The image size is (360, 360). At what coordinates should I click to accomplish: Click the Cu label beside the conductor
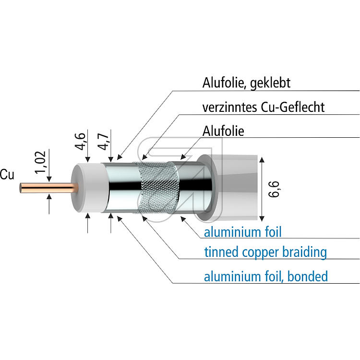(7, 175)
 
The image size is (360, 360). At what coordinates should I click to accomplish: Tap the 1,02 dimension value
(41, 162)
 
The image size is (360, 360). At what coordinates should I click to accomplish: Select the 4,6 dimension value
(80, 142)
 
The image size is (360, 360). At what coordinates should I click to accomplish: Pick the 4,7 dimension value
(103, 142)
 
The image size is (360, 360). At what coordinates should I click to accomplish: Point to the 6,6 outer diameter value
(274, 189)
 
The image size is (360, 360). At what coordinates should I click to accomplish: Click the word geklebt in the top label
(270, 83)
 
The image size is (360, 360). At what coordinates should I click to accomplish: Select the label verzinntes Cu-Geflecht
(264, 107)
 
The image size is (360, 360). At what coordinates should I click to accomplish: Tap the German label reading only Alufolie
(223, 131)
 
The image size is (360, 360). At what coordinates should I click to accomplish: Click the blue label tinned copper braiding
(265, 252)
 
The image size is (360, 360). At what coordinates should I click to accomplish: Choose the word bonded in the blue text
(307, 276)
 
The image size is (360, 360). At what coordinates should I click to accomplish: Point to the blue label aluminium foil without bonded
(243, 232)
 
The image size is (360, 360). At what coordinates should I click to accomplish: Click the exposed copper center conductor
(48, 188)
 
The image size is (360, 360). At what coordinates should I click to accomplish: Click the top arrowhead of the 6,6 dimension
(262, 160)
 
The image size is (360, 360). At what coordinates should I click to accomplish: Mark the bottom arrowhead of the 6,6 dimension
(262, 218)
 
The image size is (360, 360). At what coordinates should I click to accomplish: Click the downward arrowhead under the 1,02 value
(49, 179)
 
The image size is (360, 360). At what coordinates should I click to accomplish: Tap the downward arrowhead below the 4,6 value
(88, 159)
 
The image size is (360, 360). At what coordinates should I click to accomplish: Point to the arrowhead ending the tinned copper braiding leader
(144, 218)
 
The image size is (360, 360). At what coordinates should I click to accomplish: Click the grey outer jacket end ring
(206, 188)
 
